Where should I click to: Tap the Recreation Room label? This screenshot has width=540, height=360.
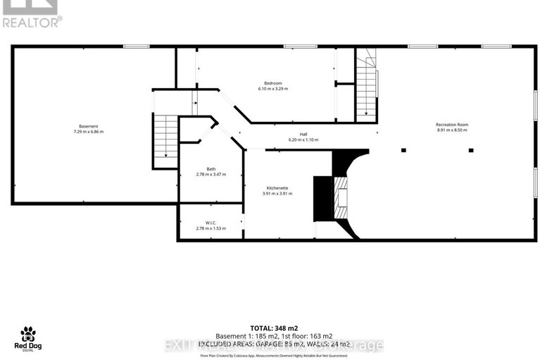click(451, 125)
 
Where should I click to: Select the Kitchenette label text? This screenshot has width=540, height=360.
click(276, 187)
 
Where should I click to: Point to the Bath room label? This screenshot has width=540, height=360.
click(211, 168)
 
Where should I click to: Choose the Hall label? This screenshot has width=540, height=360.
click(303, 134)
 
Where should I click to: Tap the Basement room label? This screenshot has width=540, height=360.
click(89, 126)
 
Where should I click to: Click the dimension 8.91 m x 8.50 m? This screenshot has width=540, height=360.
click(451, 130)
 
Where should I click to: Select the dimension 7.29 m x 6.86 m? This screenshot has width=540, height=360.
click(89, 132)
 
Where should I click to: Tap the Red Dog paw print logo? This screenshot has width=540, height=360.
click(28, 333)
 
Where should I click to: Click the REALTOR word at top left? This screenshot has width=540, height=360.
click(31, 21)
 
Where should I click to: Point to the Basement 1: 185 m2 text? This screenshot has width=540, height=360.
click(243, 336)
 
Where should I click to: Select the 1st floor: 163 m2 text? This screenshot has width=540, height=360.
click(303, 336)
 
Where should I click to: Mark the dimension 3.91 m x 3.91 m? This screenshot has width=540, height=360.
click(276, 194)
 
